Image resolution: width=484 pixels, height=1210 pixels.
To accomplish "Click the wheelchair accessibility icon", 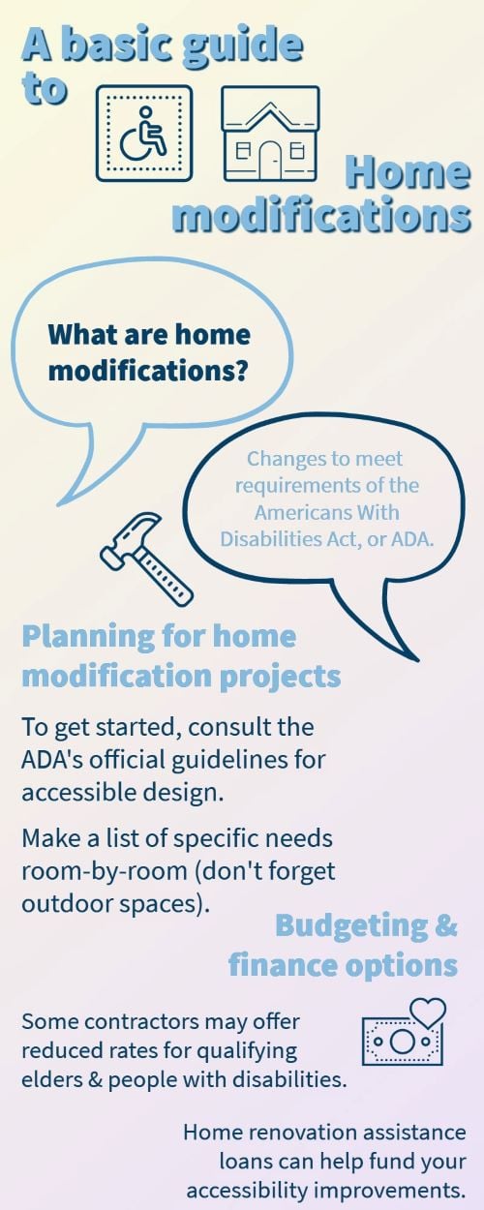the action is [143, 133].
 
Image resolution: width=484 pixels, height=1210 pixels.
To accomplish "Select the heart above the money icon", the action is [428, 1013].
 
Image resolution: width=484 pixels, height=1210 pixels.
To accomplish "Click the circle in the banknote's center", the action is [402, 1041].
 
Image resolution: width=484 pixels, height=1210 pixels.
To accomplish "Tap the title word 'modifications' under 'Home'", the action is [320, 215].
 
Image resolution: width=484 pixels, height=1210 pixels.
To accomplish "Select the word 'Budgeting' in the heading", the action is [350, 925].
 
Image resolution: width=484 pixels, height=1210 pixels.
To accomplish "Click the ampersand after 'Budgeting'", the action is [446, 924].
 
